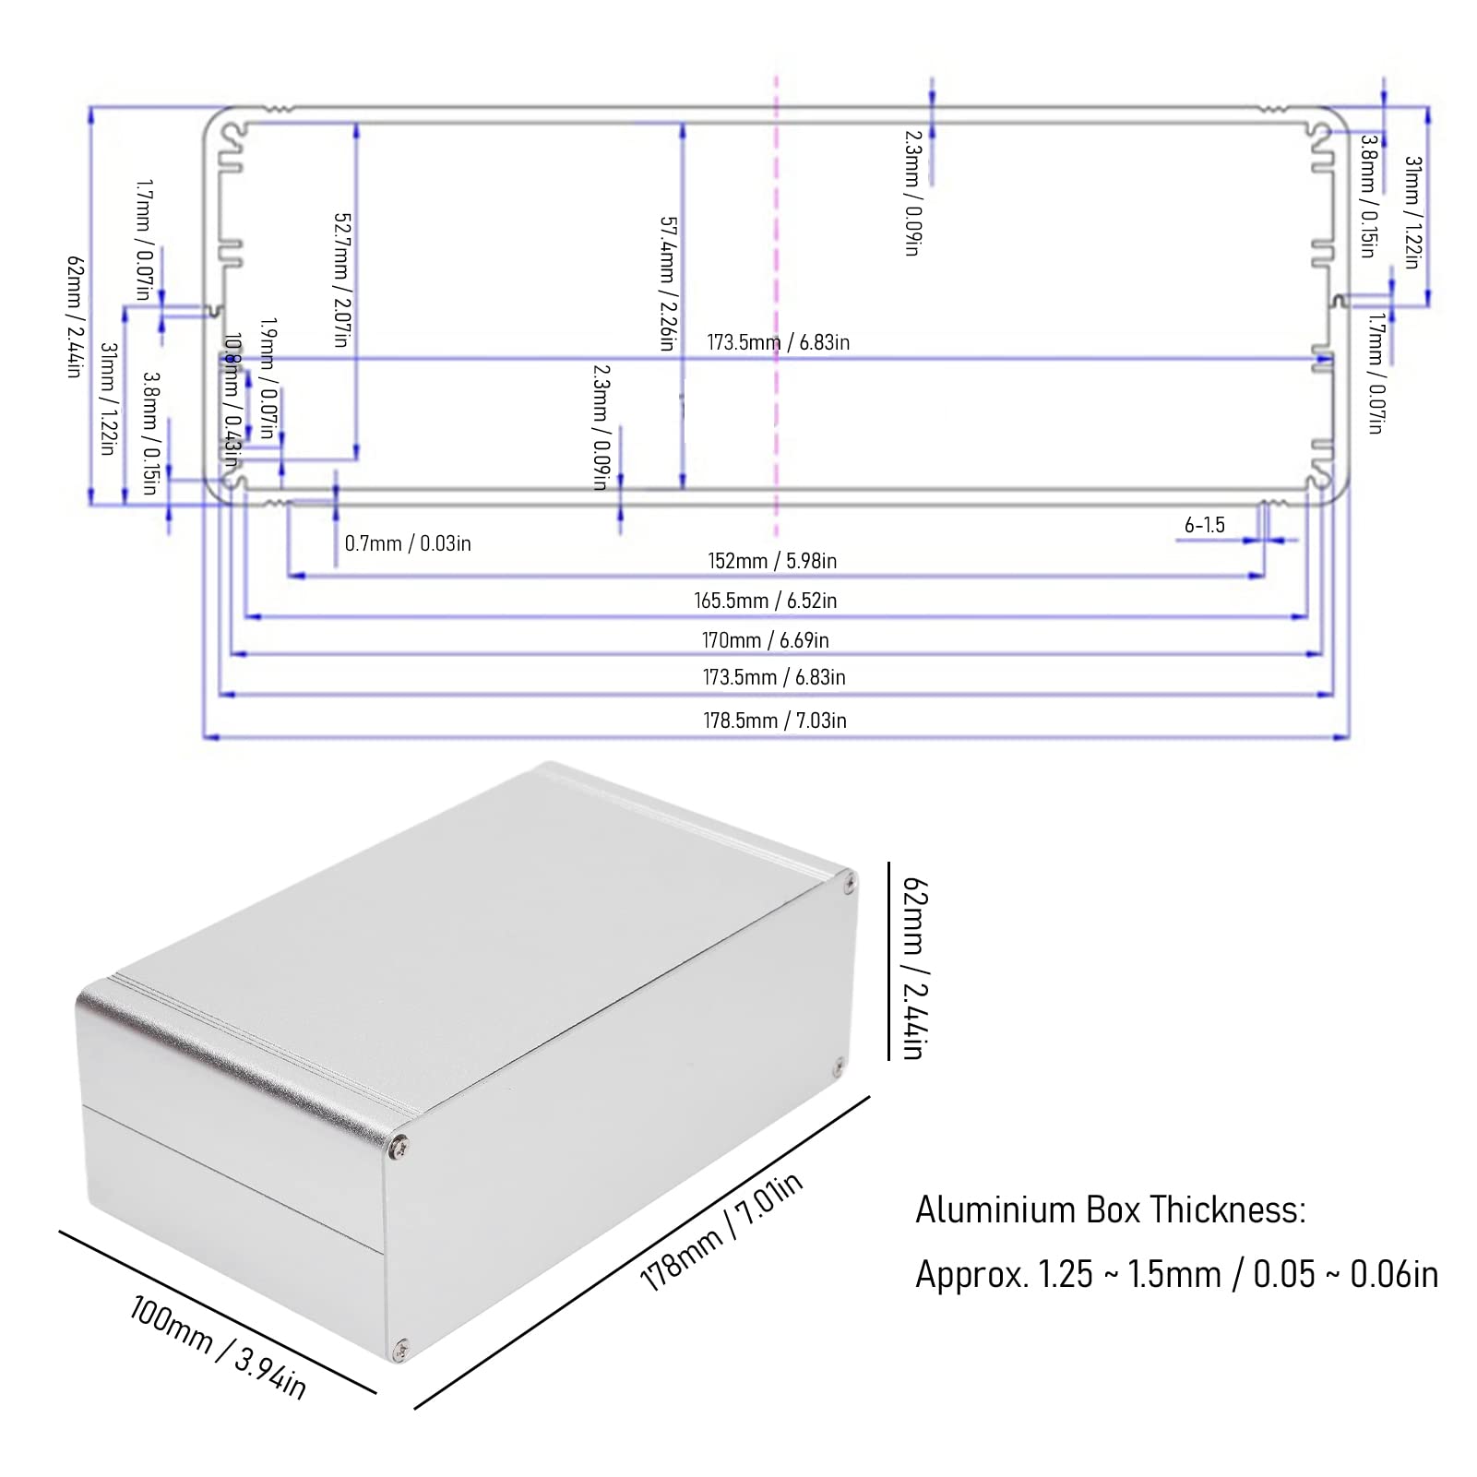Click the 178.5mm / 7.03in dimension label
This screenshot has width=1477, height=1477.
coord(774,721)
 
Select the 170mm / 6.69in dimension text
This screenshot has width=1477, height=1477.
coord(765,640)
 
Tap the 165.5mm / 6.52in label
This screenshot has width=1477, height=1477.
coord(765,601)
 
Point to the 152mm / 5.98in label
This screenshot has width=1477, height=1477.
coord(772,561)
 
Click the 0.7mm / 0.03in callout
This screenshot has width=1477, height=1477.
coord(408,543)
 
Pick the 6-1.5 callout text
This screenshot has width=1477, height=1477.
coord(1204,525)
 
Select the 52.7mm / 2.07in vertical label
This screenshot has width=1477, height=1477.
coord(341,280)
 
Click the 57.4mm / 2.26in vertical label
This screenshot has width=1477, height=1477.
coord(667,283)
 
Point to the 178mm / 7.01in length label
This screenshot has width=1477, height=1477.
coord(721,1232)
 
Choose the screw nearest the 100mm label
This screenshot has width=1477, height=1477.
coord(399,1349)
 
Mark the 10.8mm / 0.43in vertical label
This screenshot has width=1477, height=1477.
coord(232,399)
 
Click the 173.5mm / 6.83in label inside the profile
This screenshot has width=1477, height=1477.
coord(778,342)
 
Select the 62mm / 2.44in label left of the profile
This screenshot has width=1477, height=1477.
coord(75,316)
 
